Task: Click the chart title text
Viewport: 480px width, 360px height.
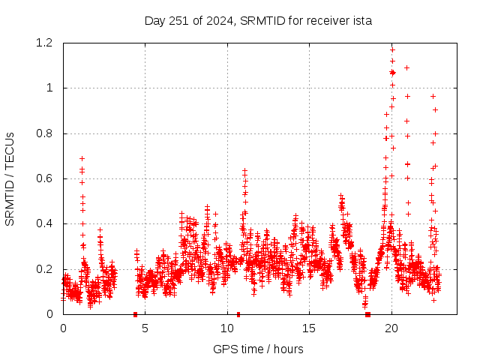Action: point(258,20)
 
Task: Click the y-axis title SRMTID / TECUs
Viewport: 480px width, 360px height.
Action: point(10,178)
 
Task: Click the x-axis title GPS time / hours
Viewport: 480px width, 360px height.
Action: point(258,349)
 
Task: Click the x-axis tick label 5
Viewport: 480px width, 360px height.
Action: point(145,328)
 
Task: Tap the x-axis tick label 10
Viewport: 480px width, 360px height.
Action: point(227,328)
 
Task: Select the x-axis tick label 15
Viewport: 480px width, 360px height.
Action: point(309,328)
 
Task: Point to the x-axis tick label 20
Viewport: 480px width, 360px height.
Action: point(391,328)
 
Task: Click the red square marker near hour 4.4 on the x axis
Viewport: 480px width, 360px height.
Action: point(135,314)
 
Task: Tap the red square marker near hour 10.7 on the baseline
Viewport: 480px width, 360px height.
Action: point(238,314)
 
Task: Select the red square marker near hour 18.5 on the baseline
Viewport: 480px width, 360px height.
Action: point(367,314)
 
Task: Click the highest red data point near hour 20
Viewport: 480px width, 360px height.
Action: point(392,49)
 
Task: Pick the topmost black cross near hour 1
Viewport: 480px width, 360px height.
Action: point(82,158)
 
